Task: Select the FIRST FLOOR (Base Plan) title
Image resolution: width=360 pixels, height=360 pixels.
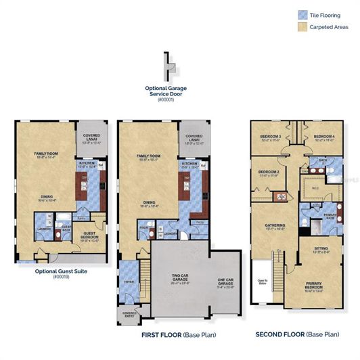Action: tap(179, 334)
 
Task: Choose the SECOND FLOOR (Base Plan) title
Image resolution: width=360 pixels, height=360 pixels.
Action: tap(298, 334)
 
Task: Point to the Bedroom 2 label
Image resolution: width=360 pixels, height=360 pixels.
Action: tap(268, 173)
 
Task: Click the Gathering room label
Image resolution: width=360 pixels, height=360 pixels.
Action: tap(275, 227)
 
